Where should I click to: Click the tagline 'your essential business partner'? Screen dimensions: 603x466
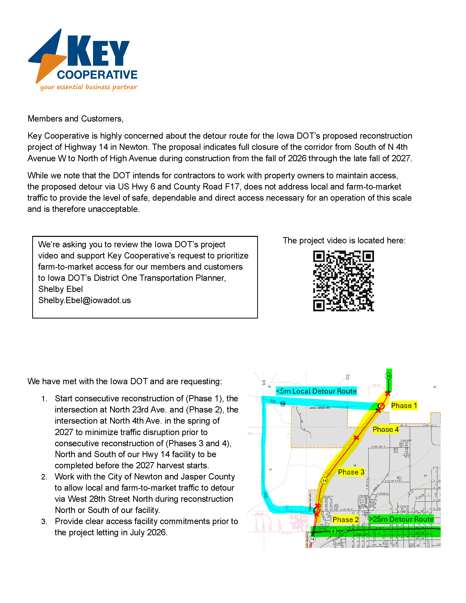(x=88, y=87)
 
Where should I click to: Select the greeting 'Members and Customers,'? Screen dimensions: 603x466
(x=75, y=119)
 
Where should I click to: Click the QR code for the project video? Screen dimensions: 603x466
(x=343, y=281)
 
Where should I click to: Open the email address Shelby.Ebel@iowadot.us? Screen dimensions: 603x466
(x=85, y=300)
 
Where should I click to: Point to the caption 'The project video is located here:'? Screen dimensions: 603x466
(x=344, y=241)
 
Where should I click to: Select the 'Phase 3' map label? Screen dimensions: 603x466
(x=351, y=472)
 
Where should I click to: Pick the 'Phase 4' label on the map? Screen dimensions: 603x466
(x=385, y=430)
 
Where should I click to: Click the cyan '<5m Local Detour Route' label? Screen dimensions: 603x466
(x=316, y=391)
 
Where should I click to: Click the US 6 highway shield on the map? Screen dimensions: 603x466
(x=334, y=531)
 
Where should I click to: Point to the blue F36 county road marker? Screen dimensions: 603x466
(x=283, y=404)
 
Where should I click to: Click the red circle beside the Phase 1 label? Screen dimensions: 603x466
(x=381, y=406)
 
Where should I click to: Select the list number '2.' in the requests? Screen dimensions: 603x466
(x=44, y=477)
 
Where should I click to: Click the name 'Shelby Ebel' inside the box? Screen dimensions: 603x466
(x=61, y=289)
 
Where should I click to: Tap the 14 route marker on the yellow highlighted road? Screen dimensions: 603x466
(x=324, y=481)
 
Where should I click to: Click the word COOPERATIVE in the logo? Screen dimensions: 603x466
(x=97, y=75)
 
